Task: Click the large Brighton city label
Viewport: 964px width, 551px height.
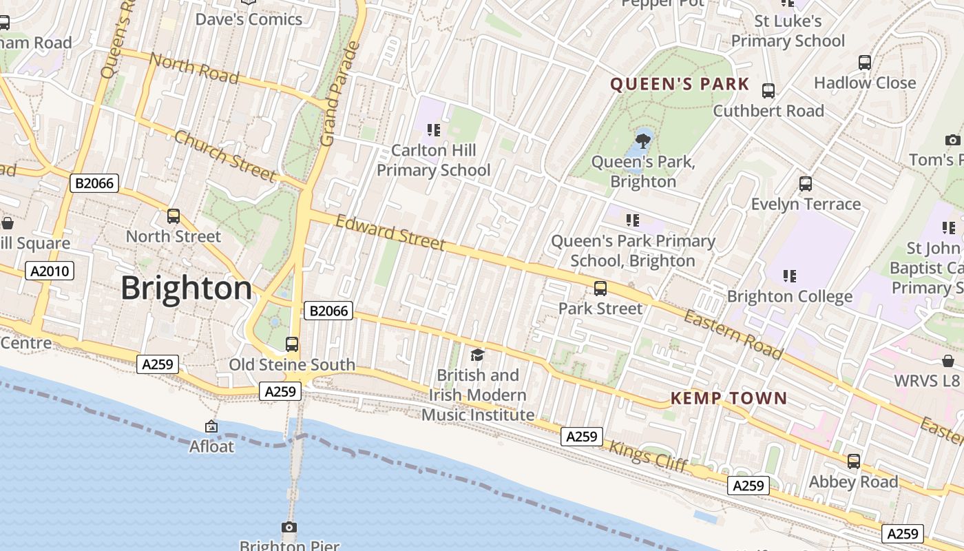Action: [187, 288]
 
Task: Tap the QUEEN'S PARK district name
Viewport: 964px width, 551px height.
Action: [680, 84]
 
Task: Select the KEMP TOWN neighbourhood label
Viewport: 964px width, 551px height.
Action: [729, 398]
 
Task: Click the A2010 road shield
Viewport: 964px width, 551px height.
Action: [50, 271]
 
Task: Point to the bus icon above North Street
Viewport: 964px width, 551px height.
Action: [174, 216]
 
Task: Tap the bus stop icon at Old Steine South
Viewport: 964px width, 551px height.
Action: [292, 344]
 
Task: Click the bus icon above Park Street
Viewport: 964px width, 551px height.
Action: [600, 288]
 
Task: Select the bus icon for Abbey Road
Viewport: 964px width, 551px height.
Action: [854, 461]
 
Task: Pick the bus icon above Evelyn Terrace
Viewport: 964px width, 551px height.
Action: [806, 184]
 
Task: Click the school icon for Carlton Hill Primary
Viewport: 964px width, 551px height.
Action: [434, 129]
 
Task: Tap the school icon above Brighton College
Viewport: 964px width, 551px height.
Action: [790, 276]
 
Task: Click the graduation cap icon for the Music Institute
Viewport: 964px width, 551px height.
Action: [477, 355]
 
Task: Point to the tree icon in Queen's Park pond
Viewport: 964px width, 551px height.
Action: [643, 141]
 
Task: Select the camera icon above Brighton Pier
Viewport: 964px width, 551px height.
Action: [289, 528]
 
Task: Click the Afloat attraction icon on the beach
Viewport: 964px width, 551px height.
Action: [211, 427]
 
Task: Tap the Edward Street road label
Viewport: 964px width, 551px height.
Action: [390, 232]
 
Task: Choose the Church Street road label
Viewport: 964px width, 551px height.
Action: [224, 156]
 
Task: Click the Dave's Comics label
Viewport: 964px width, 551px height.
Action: [249, 19]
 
